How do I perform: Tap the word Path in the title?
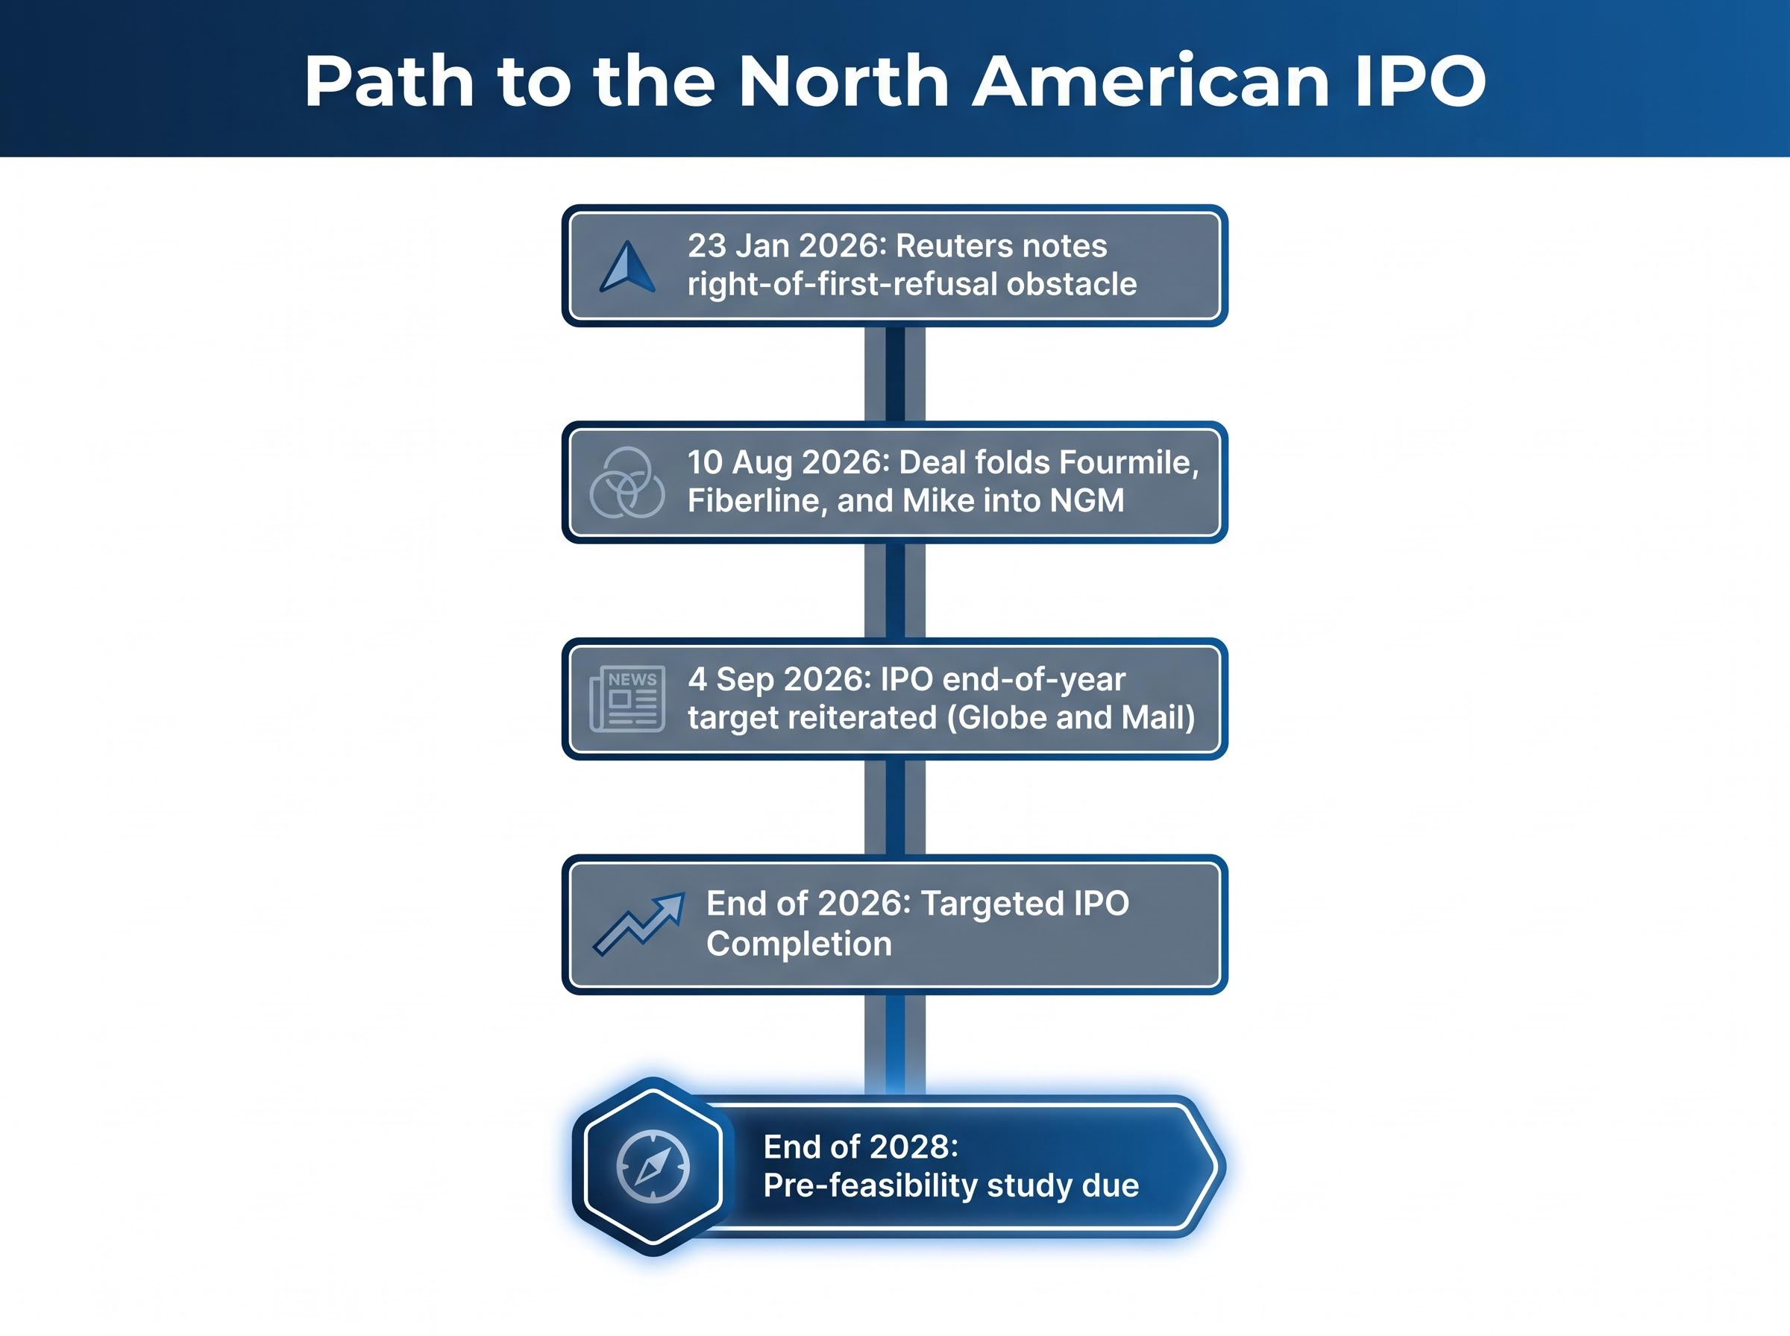click(x=389, y=82)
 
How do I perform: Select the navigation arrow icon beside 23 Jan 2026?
click(x=628, y=266)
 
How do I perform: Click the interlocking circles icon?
click(x=628, y=482)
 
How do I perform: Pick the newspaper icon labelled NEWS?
click(x=628, y=699)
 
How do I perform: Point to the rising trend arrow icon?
click(x=639, y=924)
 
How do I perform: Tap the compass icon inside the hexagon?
click(x=653, y=1166)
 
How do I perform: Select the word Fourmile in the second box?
click(x=1128, y=462)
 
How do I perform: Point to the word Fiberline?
click(x=757, y=500)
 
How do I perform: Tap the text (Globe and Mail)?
click(x=1065, y=717)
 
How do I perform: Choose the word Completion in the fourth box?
click(x=798, y=944)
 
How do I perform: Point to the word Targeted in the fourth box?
click(x=990, y=904)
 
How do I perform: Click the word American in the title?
click(x=1151, y=82)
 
